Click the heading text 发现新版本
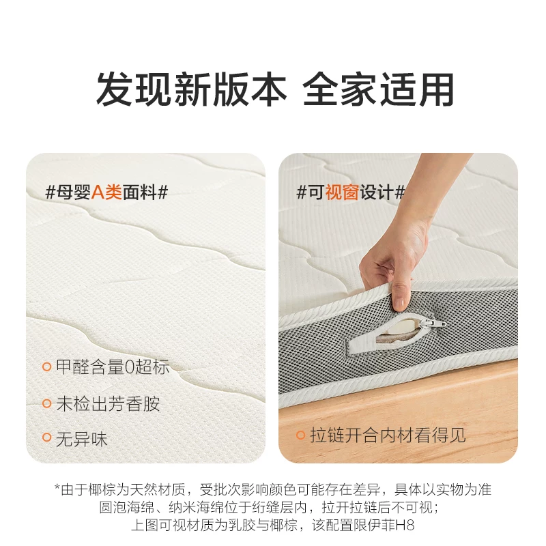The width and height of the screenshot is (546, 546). click(x=192, y=89)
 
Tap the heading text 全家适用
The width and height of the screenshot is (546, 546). click(x=379, y=89)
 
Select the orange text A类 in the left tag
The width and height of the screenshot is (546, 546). click(x=106, y=192)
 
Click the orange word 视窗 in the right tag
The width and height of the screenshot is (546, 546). click(x=342, y=192)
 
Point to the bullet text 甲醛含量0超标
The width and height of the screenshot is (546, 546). click(x=113, y=367)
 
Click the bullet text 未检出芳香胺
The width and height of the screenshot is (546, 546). click(x=108, y=403)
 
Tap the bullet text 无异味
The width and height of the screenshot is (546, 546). click(x=82, y=439)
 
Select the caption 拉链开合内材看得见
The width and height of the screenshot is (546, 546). click(x=388, y=435)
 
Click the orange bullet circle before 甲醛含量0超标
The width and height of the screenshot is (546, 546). click(x=46, y=367)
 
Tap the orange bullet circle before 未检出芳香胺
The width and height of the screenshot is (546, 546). click(x=46, y=403)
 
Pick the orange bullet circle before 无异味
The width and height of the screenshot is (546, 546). click(x=46, y=437)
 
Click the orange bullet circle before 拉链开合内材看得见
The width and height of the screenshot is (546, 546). click(x=300, y=435)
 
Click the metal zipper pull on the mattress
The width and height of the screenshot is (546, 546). click(x=433, y=324)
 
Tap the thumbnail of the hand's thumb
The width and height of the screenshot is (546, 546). click(x=399, y=303)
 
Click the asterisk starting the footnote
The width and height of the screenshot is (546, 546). click(x=57, y=487)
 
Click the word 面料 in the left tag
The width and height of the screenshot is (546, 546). click(x=139, y=192)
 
